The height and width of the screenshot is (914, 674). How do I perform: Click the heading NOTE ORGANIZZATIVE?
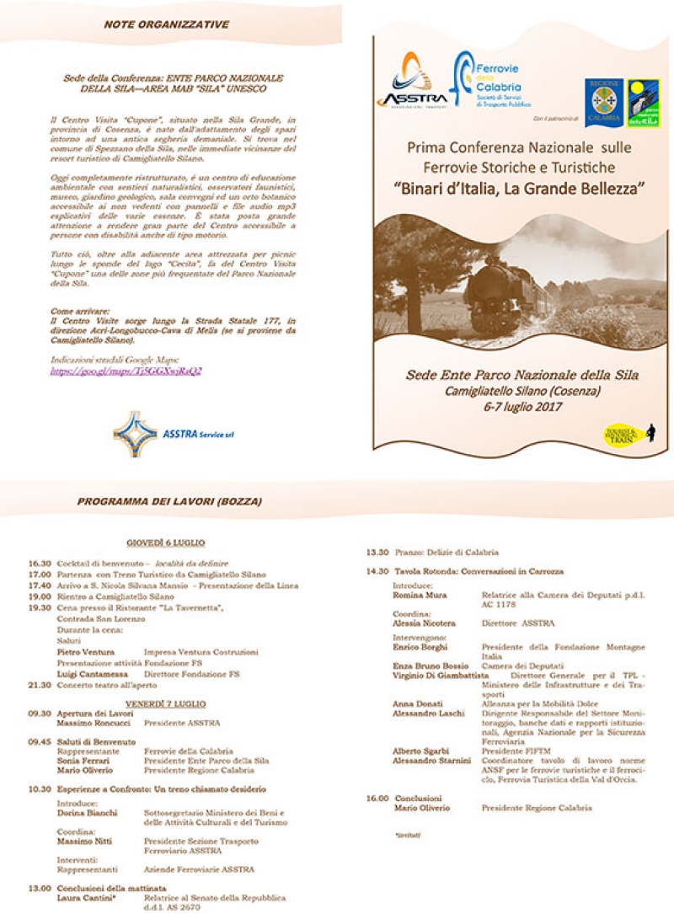166,25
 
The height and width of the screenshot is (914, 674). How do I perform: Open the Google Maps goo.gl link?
126,370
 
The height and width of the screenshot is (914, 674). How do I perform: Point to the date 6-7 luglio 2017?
522,406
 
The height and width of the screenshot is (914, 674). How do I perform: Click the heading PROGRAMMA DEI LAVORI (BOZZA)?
169,501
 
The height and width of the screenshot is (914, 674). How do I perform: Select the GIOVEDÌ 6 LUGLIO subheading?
165,543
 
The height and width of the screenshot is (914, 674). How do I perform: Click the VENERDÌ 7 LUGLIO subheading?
165,703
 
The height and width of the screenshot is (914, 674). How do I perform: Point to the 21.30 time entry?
39,685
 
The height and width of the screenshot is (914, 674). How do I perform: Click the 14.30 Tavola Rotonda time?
377,571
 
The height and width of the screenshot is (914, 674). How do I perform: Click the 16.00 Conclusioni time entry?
377,798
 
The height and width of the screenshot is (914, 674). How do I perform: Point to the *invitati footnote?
408,834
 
